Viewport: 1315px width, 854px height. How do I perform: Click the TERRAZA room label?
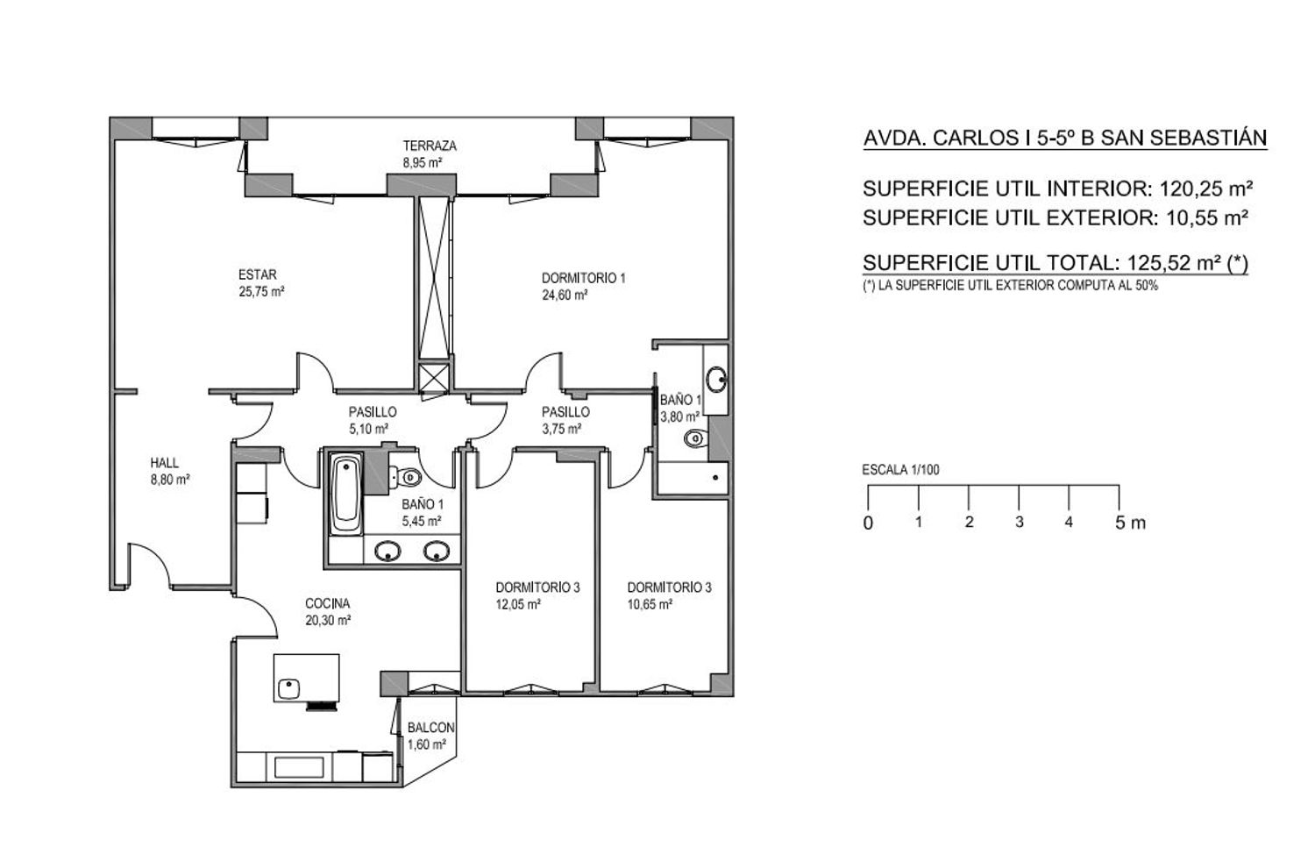pos(430,146)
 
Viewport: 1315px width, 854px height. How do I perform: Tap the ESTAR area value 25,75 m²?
pos(261,292)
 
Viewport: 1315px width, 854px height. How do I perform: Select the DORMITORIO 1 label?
pos(583,278)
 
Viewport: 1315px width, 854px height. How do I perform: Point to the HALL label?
pos(165,463)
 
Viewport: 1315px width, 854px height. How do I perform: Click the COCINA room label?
pos(328,603)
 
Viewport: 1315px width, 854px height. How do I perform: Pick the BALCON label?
pos(431,728)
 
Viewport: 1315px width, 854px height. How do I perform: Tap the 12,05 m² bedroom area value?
pos(518,604)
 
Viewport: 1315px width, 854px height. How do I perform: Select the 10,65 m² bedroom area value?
pos(650,604)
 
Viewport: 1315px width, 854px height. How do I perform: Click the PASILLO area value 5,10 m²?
pos(369,429)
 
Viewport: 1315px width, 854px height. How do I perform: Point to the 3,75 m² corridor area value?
pos(562,429)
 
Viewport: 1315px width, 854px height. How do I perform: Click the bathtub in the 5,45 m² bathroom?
pos(345,493)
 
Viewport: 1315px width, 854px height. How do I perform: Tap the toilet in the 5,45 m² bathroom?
pos(406,477)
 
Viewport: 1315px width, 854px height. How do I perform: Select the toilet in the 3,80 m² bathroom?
pos(696,438)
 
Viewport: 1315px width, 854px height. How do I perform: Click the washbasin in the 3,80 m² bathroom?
pos(716,379)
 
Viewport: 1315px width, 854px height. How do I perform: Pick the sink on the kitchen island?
pos(288,689)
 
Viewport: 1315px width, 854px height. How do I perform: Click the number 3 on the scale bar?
pos(1019,522)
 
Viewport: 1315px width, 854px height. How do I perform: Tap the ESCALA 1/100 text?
pos(900,470)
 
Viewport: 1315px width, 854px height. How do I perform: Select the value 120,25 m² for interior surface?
pos(1206,189)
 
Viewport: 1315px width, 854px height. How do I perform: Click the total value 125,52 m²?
pos(1174,263)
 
